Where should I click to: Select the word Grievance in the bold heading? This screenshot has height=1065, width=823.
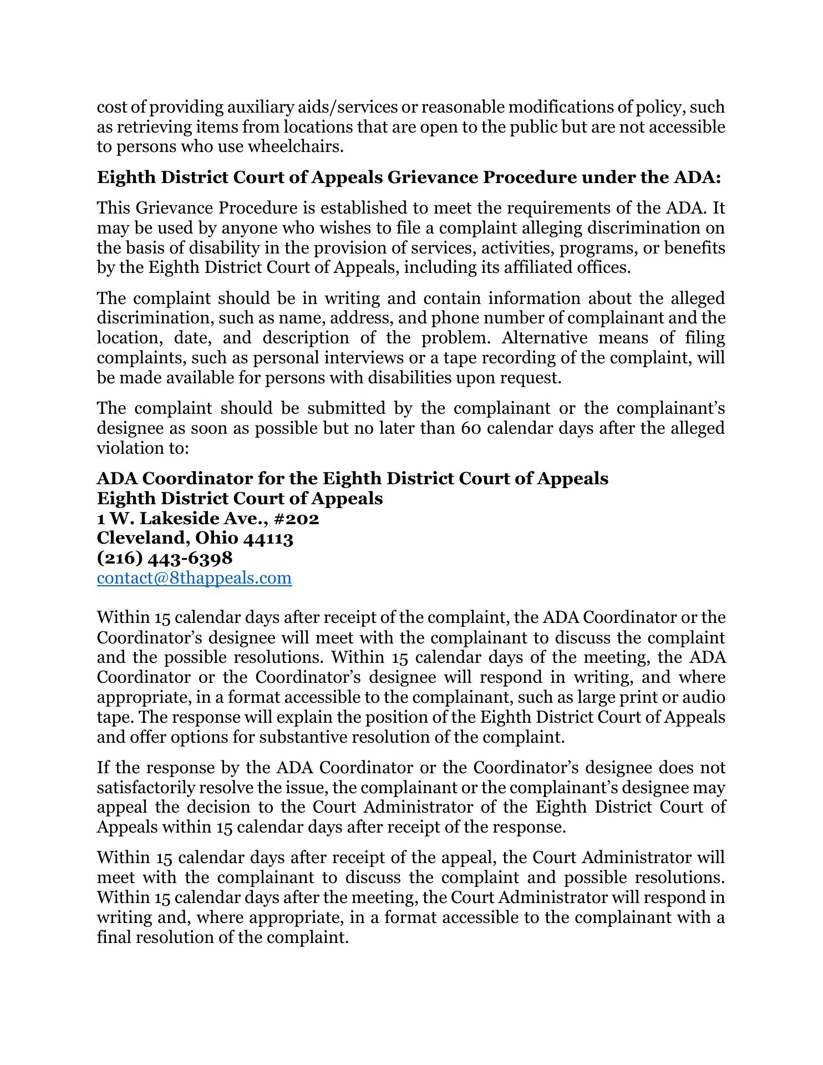coord(433,177)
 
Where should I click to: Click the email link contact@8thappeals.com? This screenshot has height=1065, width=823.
coord(194,578)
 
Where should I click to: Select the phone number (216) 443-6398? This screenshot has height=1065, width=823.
coord(165,558)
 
